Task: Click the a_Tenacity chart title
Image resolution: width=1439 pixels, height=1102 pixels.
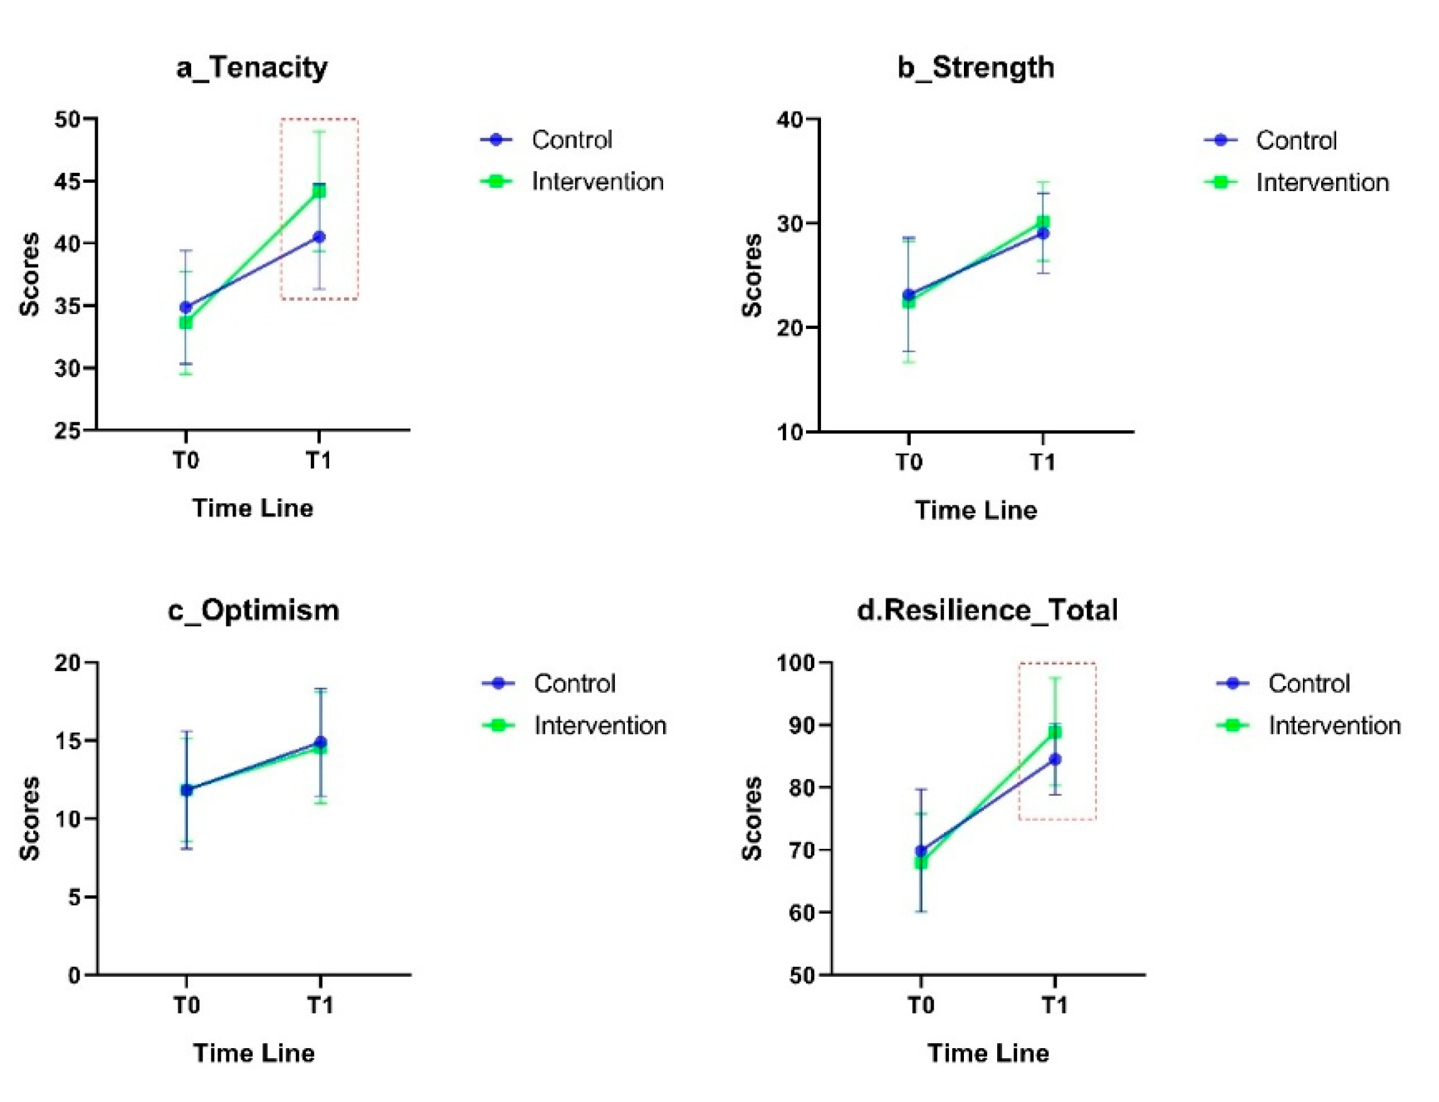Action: click(252, 68)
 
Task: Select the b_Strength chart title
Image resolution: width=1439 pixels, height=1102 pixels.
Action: click(976, 68)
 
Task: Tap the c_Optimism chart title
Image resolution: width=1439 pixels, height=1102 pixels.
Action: click(253, 611)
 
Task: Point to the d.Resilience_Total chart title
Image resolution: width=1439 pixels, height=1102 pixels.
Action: click(988, 611)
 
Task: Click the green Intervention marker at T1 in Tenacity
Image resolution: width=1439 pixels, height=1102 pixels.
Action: click(319, 191)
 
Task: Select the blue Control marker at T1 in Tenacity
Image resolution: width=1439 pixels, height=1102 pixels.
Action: click(319, 237)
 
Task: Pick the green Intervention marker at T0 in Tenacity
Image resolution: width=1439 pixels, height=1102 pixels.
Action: click(186, 323)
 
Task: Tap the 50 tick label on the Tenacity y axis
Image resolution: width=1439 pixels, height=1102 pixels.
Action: click(68, 120)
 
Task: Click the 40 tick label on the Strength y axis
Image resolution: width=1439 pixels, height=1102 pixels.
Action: click(790, 120)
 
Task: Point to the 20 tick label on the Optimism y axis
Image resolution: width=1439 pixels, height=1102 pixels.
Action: click(68, 663)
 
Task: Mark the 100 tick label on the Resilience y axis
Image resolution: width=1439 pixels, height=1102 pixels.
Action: click(795, 663)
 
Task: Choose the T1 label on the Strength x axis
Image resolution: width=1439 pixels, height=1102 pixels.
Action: click(1043, 462)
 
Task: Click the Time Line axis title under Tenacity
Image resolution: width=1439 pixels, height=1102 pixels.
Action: click(253, 508)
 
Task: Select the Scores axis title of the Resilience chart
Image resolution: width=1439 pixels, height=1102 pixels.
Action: click(753, 818)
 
